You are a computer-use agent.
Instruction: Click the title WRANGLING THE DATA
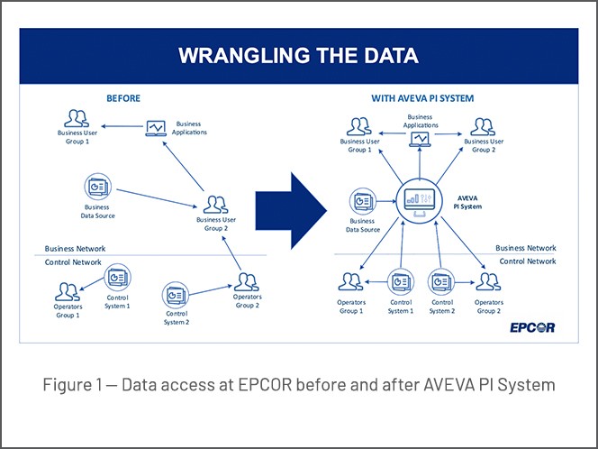[x=298, y=56]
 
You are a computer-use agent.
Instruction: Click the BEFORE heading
[x=123, y=97]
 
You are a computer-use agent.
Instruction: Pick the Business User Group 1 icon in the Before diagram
[x=76, y=118]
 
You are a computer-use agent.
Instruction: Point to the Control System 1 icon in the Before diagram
[x=117, y=277]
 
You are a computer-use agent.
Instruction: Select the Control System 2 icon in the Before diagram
[x=176, y=294]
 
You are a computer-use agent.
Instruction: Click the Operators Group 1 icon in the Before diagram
[x=68, y=291]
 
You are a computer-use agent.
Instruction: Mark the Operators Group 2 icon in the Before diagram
[x=247, y=282]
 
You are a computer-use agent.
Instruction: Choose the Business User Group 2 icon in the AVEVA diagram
[x=482, y=125]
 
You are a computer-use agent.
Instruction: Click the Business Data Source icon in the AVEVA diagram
[x=361, y=201]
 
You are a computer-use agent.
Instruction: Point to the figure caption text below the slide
[x=298, y=385]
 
